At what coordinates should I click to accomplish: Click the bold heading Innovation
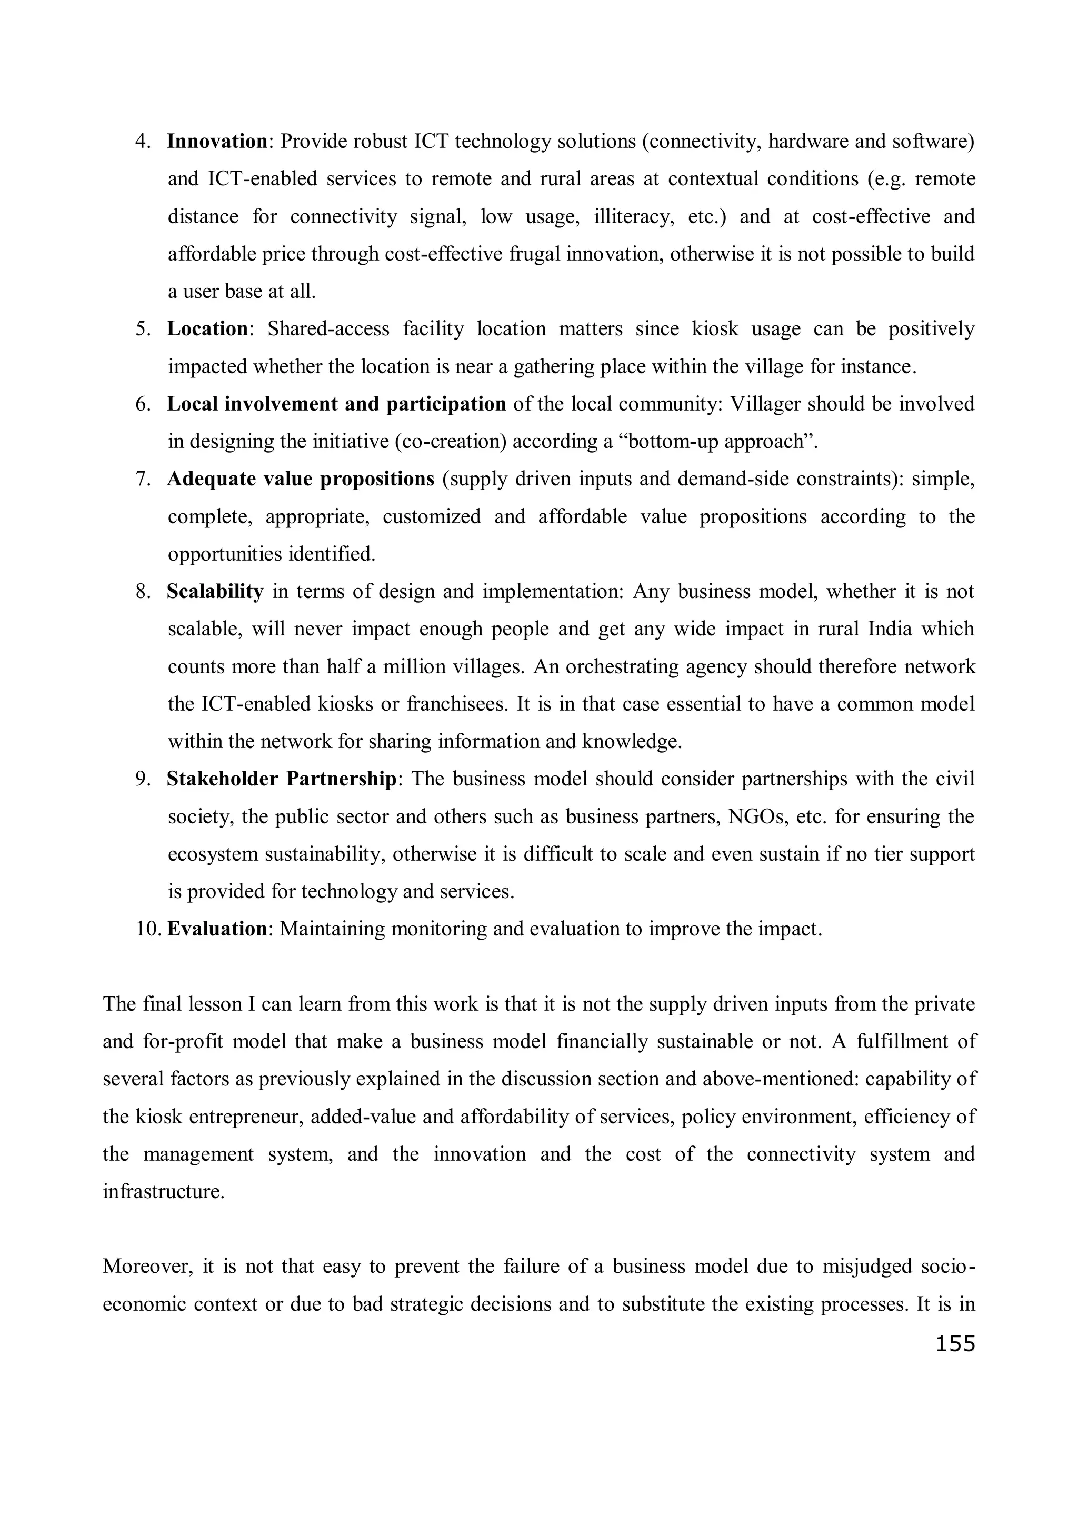pyautogui.click(x=216, y=142)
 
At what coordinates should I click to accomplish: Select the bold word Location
pyautogui.click(x=207, y=329)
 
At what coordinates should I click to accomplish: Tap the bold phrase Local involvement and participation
pyautogui.click(x=336, y=404)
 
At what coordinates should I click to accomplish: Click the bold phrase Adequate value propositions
pyautogui.click(x=300, y=479)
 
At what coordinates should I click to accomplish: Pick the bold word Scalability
pyautogui.click(x=215, y=591)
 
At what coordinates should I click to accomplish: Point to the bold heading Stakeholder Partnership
pyautogui.click(x=282, y=779)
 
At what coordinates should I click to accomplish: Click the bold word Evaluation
pyautogui.click(x=216, y=929)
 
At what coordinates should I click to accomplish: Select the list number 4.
pyautogui.click(x=143, y=142)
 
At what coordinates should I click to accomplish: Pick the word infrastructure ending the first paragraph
pyautogui.click(x=163, y=1191)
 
